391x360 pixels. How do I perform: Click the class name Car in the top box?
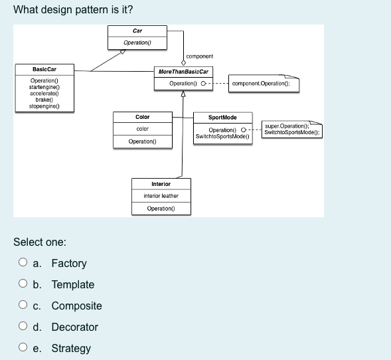coord(137,31)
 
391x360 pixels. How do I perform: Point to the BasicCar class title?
coord(44,69)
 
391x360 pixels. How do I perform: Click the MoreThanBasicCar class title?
coord(183,72)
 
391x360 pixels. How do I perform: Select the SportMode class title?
coord(223,117)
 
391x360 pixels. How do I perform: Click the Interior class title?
coord(161,183)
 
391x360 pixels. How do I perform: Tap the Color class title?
coord(142,117)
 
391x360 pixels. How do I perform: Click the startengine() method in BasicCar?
coord(44,87)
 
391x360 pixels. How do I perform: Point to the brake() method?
coord(44,99)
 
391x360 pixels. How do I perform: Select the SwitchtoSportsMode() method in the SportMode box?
coord(222,136)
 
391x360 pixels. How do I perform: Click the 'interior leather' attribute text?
coord(161,196)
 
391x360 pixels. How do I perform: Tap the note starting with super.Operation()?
coord(291,129)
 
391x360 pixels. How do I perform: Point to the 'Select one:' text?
coord(39,242)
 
